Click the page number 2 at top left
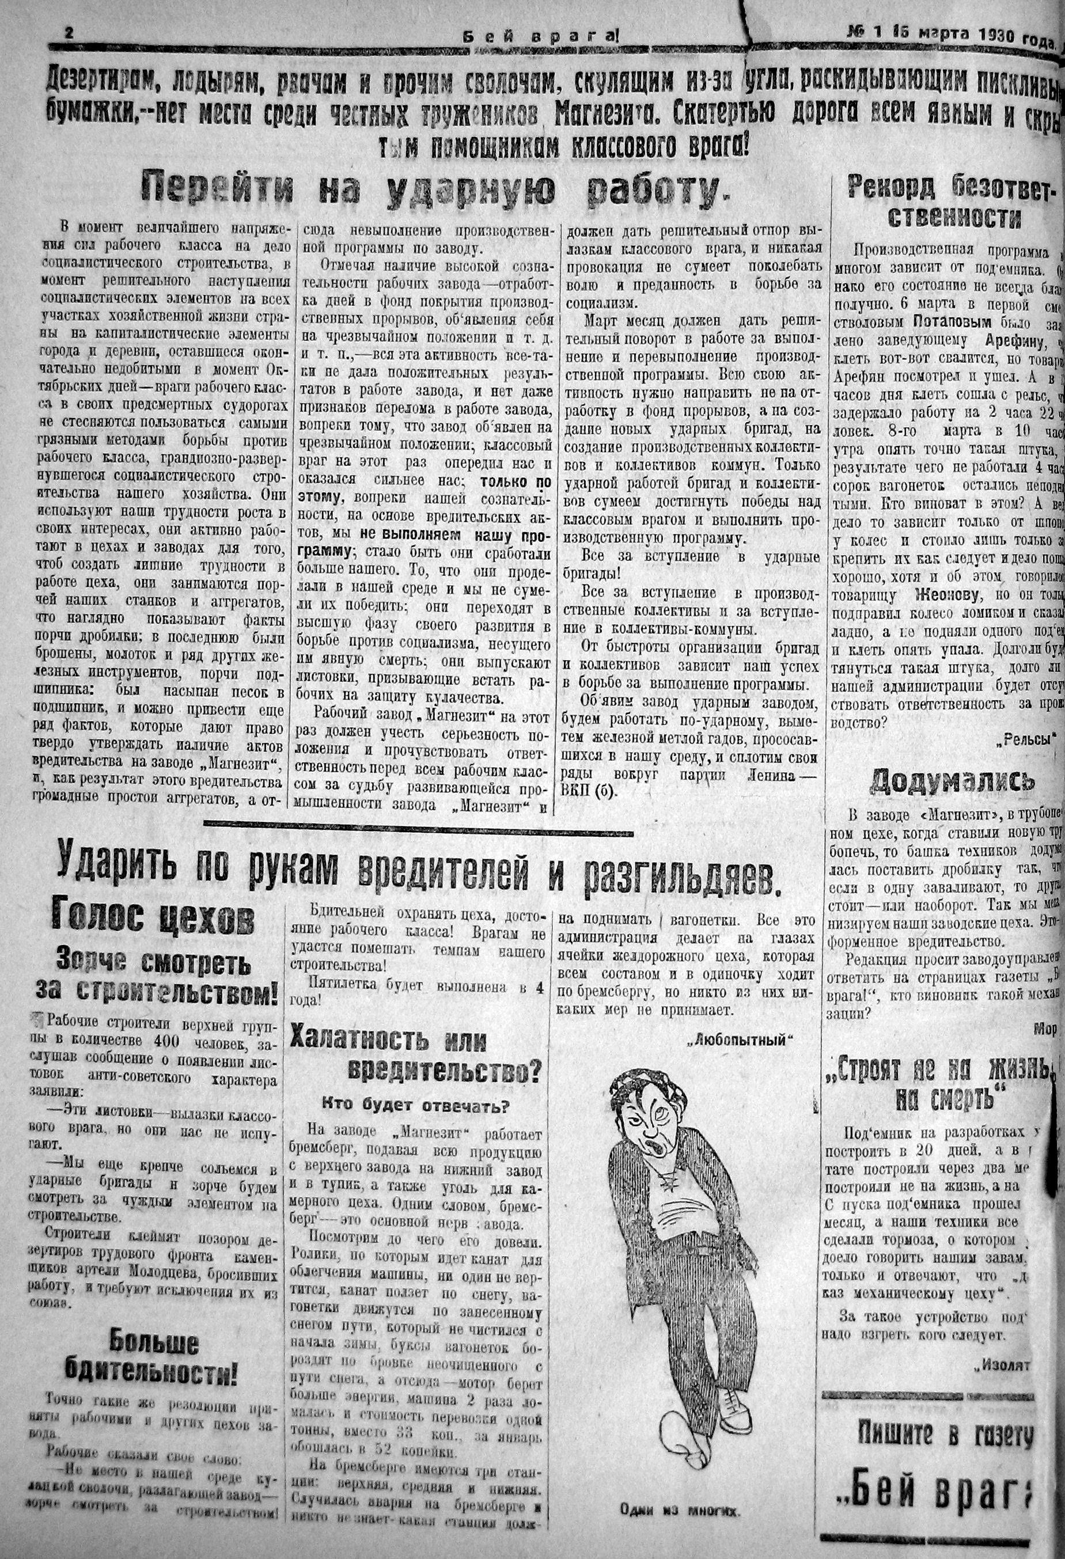tap(68, 34)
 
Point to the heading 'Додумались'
tap(952, 781)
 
